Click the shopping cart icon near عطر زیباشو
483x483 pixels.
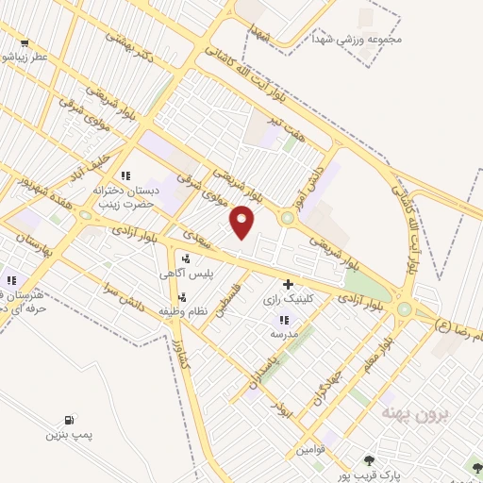[x=24, y=42]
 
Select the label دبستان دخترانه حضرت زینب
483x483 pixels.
[x=125, y=195]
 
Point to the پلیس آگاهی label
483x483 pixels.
[x=185, y=273]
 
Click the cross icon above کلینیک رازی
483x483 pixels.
[x=288, y=283]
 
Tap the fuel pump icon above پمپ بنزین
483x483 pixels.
[x=68, y=421]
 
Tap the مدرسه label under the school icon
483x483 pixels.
[x=283, y=334]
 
